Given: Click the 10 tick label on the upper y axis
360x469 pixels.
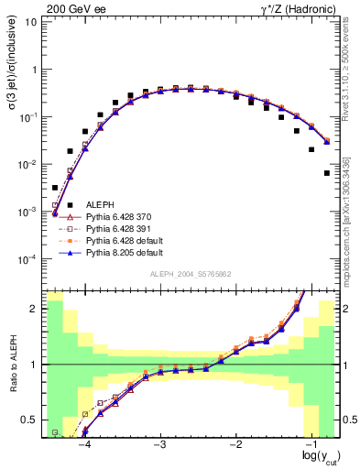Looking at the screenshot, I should coord(30,22).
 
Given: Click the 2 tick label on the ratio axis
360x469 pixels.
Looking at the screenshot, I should coord(33,309).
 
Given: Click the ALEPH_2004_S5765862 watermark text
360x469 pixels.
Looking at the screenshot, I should coord(189,275).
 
